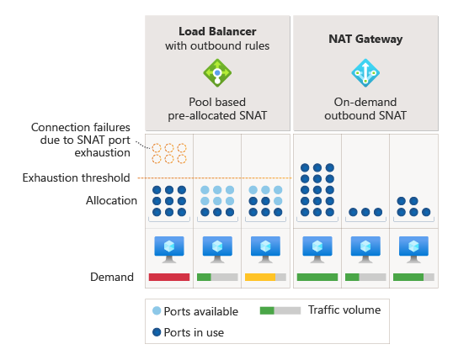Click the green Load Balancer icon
click(217, 73)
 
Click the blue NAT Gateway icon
click(365, 73)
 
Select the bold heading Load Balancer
click(217, 31)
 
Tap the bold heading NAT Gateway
click(365, 38)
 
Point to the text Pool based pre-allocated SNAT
click(217, 109)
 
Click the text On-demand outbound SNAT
click(365, 109)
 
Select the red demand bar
click(169, 277)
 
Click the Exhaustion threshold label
click(76, 177)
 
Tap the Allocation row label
click(111, 201)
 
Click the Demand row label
click(112, 277)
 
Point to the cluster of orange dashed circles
click(169, 153)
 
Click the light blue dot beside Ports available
click(157, 311)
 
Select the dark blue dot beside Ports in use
click(157, 331)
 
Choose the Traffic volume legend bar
click(280, 310)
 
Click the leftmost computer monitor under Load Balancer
click(169, 247)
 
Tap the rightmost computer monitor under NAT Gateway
click(413, 247)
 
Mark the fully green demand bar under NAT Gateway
click(317, 277)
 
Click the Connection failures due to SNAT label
click(81, 140)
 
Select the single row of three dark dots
click(365, 213)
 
